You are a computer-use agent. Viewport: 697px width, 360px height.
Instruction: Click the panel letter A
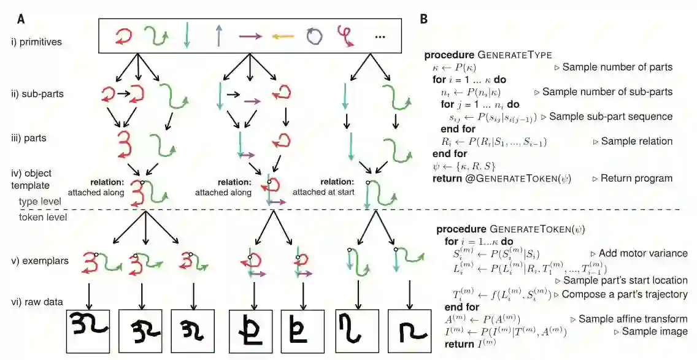[22, 19]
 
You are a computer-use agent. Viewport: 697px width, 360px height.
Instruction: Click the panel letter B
[423, 19]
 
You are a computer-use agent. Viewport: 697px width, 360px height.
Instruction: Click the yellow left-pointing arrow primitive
[283, 37]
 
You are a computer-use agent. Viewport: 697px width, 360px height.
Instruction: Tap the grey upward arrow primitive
[218, 37]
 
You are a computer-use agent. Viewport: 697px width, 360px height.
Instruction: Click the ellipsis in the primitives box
[379, 37]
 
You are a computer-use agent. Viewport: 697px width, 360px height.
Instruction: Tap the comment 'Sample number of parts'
[617, 67]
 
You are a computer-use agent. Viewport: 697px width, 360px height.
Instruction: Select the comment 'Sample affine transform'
[633, 319]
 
